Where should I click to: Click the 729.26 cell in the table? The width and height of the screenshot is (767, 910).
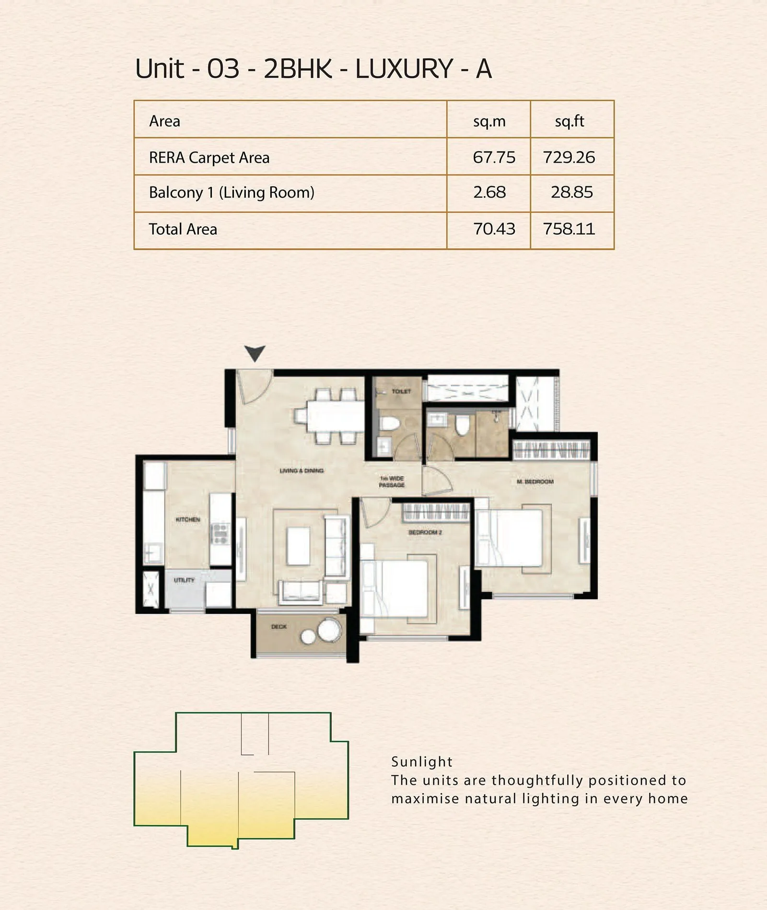pyautogui.click(x=569, y=157)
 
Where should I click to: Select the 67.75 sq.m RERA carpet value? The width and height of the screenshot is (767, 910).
pyautogui.click(x=494, y=157)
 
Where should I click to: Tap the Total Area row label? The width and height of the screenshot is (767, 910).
pyautogui.click(x=183, y=229)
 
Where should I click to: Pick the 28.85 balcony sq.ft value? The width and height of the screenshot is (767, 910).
pyautogui.click(x=571, y=192)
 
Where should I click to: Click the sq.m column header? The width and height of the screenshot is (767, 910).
pyautogui.click(x=489, y=121)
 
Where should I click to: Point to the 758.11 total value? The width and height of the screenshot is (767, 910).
pyautogui.click(x=569, y=229)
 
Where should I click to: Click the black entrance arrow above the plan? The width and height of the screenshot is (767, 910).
pyautogui.click(x=255, y=353)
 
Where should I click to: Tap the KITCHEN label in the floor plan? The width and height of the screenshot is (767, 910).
pyautogui.click(x=188, y=520)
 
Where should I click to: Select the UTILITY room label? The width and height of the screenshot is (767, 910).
pyautogui.click(x=184, y=580)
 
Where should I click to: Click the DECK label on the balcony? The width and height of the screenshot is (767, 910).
pyautogui.click(x=279, y=627)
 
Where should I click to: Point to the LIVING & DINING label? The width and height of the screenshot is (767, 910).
pyautogui.click(x=302, y=471)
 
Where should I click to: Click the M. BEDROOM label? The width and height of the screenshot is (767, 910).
pyautogui.click(x=535, y=481)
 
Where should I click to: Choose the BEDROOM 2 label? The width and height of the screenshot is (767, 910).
pyautogui.click(x=425, y=533)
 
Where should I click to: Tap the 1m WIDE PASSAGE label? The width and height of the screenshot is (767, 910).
pyautogui.click(x=392, y=482)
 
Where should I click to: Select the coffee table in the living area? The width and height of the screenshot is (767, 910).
pyautogui.click(x=298, y=546)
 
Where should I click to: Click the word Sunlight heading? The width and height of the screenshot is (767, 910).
pyautogui.click(x=421, y=762)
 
